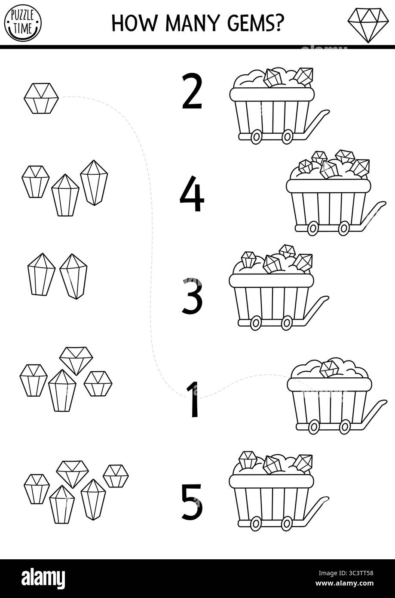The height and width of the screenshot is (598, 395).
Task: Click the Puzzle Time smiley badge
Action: (23, 23)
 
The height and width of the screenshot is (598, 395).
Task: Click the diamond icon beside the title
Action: (368, 25)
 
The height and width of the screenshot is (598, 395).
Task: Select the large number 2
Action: (192, 91)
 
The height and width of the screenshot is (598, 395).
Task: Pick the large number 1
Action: (193, 399)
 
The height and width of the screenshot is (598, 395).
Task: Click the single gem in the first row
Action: (41, 98)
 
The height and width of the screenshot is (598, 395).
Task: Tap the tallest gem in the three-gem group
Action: (94, 182)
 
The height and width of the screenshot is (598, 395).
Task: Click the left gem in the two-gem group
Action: (41, 274)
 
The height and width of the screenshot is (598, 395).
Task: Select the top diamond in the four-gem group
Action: (76, 360)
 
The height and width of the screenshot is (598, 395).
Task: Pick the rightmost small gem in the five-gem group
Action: (116, 476)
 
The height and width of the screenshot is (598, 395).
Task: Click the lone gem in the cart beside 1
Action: (329, 368)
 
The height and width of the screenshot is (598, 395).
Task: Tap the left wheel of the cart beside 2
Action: (256, 137)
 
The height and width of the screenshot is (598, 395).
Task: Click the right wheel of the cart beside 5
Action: (287, 523)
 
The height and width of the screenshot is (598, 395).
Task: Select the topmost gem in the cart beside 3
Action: (287, 251)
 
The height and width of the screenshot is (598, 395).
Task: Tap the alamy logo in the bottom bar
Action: (43, 578)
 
